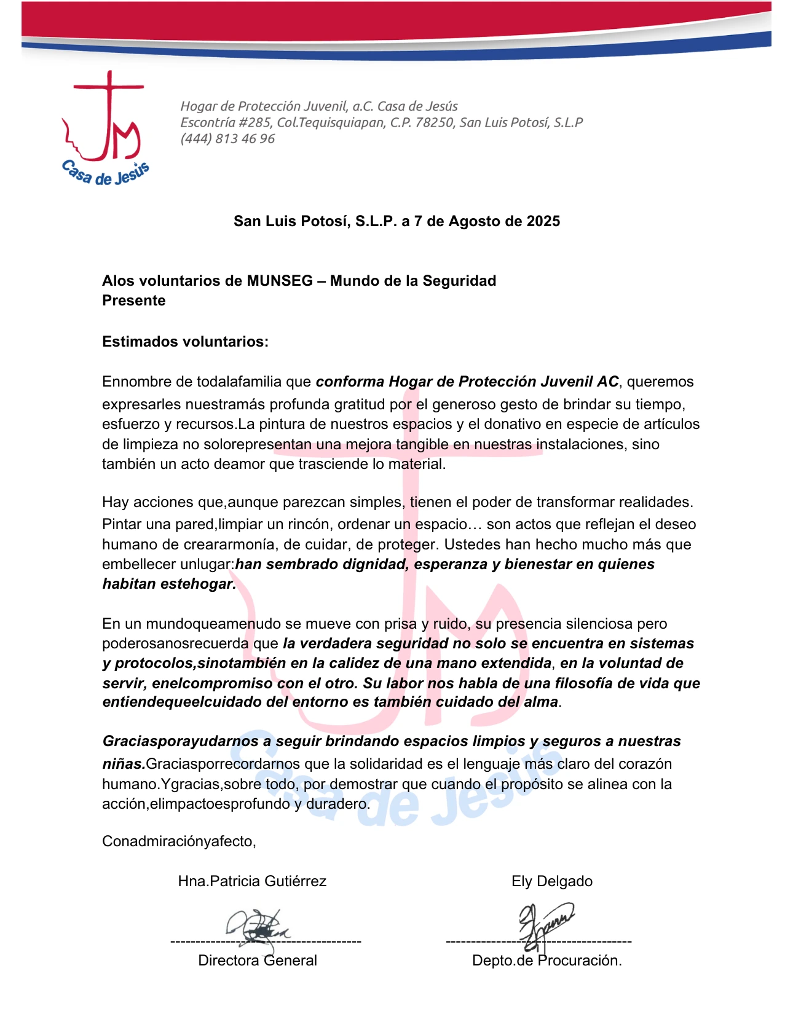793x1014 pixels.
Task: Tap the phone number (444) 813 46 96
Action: [x=227, y=139]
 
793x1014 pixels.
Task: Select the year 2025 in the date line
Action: [x=543, y=221]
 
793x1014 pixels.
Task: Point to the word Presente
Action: [x=134, y=301]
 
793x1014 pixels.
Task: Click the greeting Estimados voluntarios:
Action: [x=185, y=342]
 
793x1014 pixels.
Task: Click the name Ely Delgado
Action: [x=552, y=881]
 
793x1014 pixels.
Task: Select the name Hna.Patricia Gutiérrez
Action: [x=252, y=881]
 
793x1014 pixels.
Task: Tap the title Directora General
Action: [x=258, y=961]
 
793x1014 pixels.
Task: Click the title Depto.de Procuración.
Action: [x=546, y=961]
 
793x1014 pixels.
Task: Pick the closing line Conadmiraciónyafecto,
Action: [x=179, y=841]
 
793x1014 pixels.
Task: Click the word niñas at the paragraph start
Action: [x=123, y=764]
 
